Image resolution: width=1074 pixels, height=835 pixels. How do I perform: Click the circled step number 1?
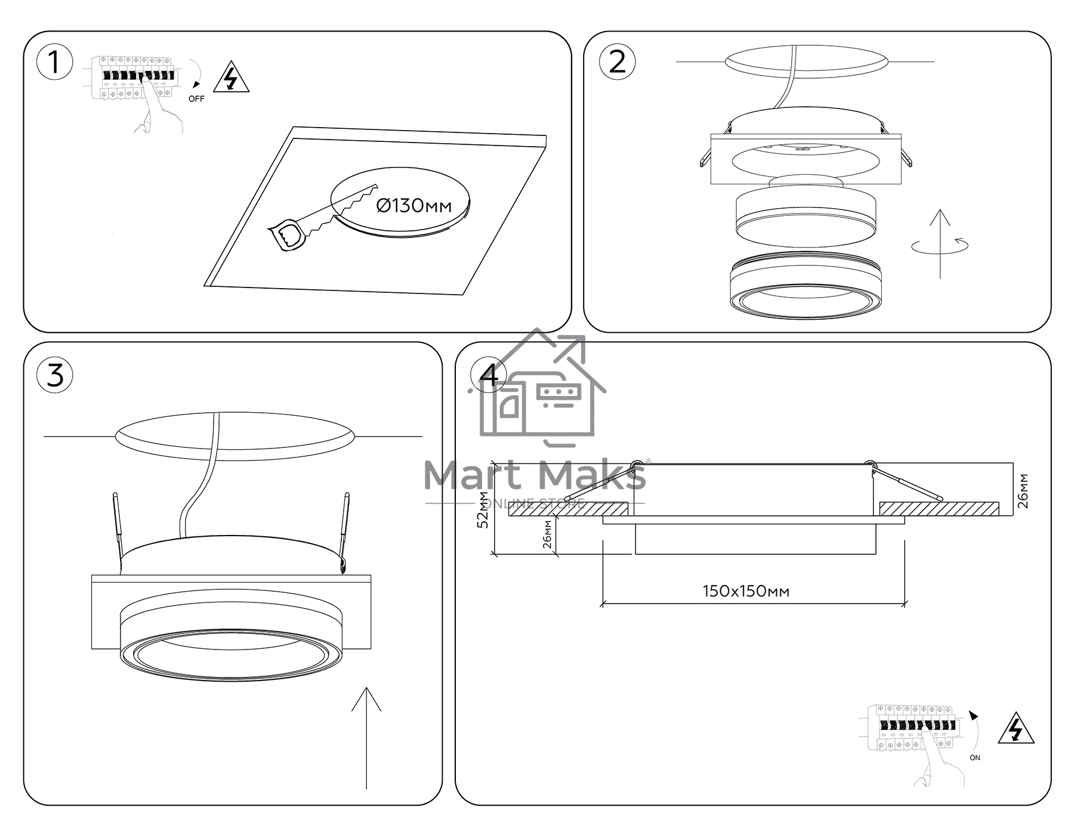click(54, 63)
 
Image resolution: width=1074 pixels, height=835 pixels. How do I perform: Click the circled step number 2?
click(617, 63)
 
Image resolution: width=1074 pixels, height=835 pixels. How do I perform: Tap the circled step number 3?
click(54, 376)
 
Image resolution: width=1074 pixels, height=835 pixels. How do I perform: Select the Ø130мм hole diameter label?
click(414, 206)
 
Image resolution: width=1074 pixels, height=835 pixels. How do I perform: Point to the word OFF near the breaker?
click(196, 99)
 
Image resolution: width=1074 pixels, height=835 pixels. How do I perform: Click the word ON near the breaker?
click(975, 757)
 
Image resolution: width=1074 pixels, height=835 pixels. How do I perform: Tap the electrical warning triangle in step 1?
click(232, 78)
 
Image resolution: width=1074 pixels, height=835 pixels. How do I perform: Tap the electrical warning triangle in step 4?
click(1016, 728)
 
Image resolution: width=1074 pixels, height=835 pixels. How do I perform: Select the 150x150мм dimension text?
click(746, 591)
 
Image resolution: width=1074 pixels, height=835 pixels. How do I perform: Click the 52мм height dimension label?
click(484, 511)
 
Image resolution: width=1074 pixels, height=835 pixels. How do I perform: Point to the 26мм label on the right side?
click(1023, 490)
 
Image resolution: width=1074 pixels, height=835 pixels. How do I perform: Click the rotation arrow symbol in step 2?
click(940, 245)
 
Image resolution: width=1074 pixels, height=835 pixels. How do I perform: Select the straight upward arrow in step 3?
click(366, 738)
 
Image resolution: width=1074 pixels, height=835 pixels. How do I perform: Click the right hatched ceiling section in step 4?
click(939, 509)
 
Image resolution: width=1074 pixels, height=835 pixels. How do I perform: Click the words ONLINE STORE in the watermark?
click(534, 504)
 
